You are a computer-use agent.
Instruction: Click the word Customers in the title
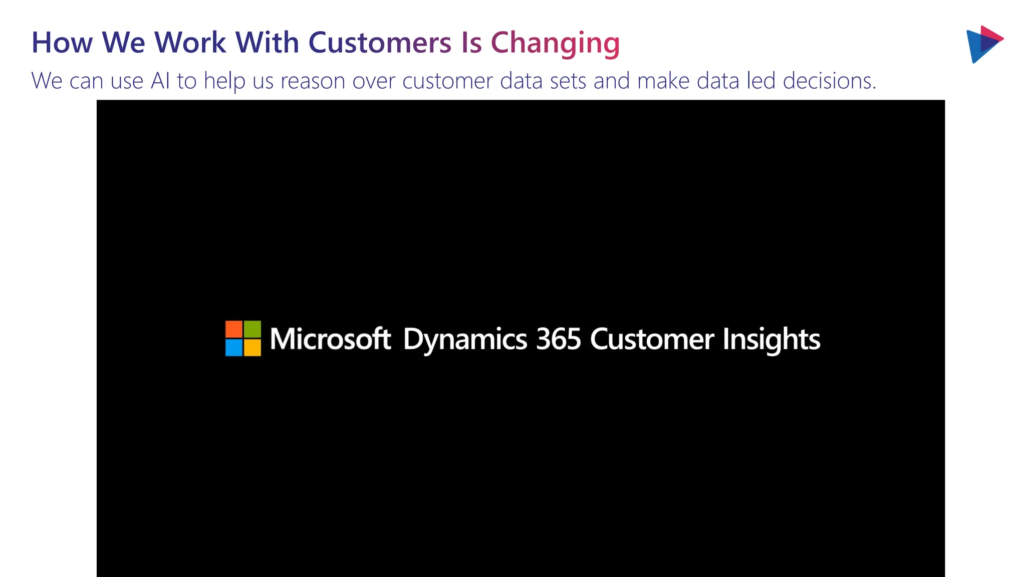[379, 43]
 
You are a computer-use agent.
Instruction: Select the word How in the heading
[62, 43]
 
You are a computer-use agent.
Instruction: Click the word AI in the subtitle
[160, 81]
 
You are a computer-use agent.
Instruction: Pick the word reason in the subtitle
[313, 81]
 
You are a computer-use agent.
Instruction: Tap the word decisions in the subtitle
[829, 81]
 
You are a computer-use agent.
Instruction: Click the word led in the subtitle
[761, 81]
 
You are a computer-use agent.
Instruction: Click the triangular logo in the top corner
[983, 44]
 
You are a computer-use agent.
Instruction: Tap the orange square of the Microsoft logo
[234, 329]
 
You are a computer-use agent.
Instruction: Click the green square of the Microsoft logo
[252, 329]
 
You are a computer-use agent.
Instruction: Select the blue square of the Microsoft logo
[234, 348]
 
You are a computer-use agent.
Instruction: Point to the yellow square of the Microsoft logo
[252, 348]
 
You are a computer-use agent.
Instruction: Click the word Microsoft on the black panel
[330, 339]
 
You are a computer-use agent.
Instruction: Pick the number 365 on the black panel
[558, 339]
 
